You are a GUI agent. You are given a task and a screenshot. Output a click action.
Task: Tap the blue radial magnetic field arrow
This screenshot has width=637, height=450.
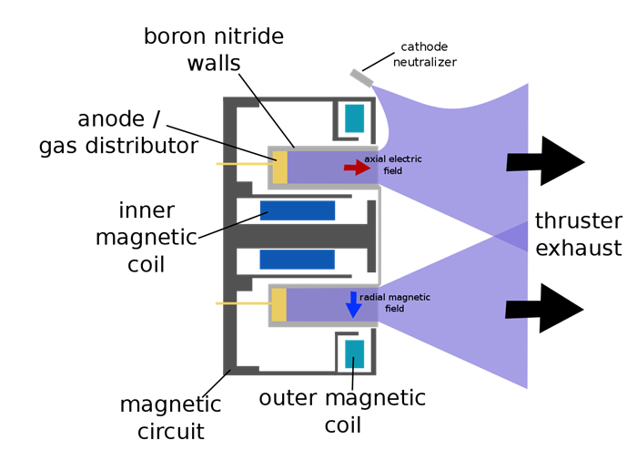(353, 305)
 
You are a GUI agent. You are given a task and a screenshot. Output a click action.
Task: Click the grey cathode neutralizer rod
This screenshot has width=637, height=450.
(361, 78)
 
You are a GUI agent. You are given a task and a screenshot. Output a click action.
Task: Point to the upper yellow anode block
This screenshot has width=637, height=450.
(279, 166)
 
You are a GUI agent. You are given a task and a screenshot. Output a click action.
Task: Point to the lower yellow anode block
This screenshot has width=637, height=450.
(279, 304)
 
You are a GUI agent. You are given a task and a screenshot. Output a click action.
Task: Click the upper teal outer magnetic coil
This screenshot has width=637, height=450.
(354, 118)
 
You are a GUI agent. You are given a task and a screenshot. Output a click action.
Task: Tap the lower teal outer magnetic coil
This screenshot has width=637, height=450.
(354, 353)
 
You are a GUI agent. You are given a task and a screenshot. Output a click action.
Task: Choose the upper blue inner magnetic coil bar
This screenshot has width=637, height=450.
(298, 210)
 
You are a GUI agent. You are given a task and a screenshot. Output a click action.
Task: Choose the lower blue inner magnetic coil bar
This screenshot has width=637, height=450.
(298, 260)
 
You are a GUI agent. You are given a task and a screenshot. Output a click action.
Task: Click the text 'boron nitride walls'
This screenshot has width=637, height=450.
(214, 50)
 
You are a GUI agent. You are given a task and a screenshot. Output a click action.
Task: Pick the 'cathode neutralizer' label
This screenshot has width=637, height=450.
(424, 55)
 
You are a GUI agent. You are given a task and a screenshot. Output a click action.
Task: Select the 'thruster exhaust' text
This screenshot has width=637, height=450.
(579, 234)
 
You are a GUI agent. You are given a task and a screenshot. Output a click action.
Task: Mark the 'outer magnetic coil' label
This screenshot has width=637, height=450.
(342, 411)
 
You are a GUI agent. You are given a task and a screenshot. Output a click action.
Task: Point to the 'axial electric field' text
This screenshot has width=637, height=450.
(393, 165)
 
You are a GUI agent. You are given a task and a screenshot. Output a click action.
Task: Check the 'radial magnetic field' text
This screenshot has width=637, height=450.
(395, 302)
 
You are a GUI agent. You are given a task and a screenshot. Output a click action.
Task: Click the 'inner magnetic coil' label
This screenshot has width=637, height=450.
(158, 237)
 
